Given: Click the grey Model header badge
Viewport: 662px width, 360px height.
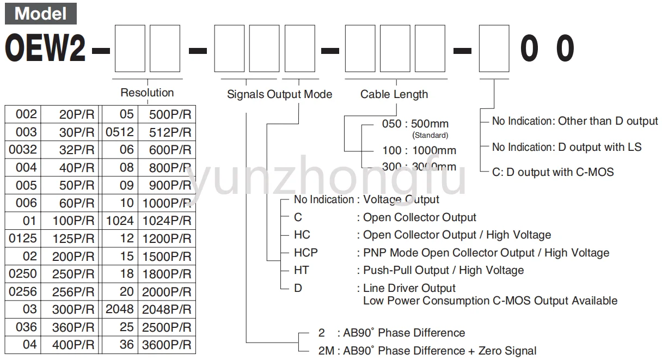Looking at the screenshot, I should point(41,13).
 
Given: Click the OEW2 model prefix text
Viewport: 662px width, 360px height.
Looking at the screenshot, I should point(46,49).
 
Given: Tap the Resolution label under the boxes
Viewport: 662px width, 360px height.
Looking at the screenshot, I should point(147,93).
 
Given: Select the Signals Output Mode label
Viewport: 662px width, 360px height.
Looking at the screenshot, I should point(279,94).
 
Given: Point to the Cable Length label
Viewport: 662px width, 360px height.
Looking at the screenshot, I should point(394,94).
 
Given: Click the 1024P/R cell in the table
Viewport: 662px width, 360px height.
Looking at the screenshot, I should point(166,221).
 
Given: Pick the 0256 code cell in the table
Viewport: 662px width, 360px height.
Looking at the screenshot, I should point(23,291).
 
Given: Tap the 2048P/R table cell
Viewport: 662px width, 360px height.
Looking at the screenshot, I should point(166,309).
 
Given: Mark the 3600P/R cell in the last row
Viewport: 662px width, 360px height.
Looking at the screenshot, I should point(166,345).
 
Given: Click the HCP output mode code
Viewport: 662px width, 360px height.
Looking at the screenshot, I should point(305,253).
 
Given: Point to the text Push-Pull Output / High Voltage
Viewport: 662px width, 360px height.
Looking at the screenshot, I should point(443,270).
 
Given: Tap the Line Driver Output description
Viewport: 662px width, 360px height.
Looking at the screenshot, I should point(409,288).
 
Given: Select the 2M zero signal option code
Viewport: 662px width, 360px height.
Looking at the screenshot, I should point(326,351).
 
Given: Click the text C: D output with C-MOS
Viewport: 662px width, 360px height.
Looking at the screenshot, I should point(553,172).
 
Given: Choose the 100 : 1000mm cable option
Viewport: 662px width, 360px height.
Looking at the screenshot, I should point(419,150).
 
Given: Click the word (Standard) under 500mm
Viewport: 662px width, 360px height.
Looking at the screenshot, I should point(430,135).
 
